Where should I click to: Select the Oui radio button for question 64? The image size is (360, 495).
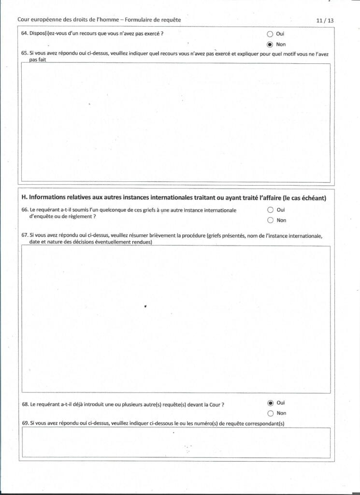click(x=270, y=34)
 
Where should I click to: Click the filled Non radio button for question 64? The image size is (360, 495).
click(x=270, y=44)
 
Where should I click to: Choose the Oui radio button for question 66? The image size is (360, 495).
click(x=270, y=210)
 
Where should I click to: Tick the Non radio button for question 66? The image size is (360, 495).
click(x=270, y=220)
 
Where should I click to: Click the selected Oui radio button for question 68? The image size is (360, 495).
click(x=270, y=403)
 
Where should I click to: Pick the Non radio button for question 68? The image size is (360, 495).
click(x=270, y=413)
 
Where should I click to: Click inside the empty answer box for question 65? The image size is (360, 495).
click(x=176, y=123)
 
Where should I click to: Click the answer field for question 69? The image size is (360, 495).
click(x=176, y=442)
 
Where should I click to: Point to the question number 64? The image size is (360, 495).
click(x=25, y=34)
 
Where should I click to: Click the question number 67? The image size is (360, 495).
click(x=25, y=236)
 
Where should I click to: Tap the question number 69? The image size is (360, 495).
click(x=25, y=423)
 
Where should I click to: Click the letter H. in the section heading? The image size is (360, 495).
click(x=25, y=198)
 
